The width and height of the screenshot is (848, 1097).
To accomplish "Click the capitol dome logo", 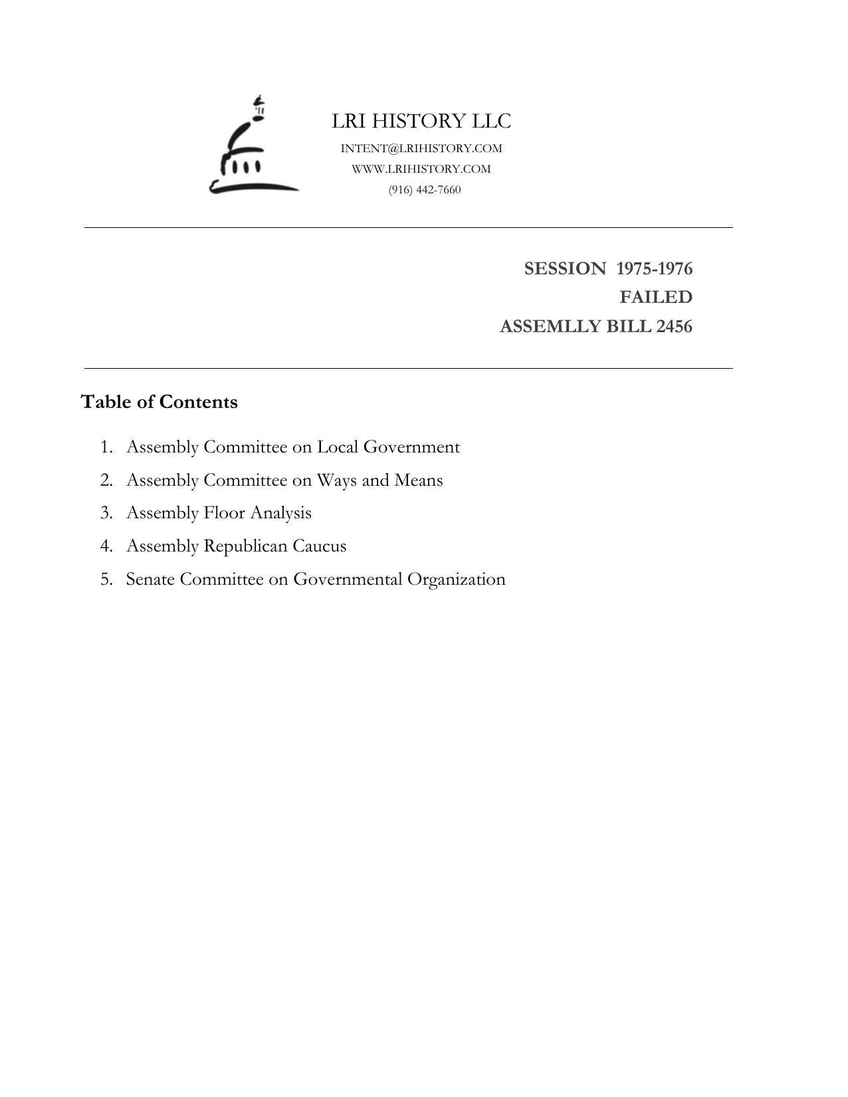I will coord(253,148).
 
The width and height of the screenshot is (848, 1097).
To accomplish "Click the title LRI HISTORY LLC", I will coord(421,121).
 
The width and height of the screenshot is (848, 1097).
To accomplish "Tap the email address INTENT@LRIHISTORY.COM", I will coord(421,148).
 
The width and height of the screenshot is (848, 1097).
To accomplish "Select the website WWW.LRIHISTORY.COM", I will coord(421,169).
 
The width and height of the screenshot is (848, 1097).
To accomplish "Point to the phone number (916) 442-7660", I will coord(425,189).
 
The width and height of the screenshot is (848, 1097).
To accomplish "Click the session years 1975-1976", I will coord(655,268).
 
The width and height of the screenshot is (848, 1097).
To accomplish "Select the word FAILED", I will coord(656,297).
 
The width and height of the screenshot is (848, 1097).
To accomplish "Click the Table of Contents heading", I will coord(159,402).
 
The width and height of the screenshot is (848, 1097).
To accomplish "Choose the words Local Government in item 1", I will coord(388,447).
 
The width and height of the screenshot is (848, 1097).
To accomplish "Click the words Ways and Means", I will coord(379,480).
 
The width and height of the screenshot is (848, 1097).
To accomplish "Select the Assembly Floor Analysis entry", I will coord(219,513).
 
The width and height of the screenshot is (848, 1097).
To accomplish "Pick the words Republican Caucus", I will coord(274,546).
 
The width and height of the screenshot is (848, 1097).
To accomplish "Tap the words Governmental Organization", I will coord(399,579).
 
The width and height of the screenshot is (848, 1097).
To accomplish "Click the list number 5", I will coord(106,579).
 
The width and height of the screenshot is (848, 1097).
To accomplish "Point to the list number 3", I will coord(106,513).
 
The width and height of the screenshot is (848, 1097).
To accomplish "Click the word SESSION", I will coord(565,268).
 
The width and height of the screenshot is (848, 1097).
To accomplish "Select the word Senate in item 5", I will coord(150,579).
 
